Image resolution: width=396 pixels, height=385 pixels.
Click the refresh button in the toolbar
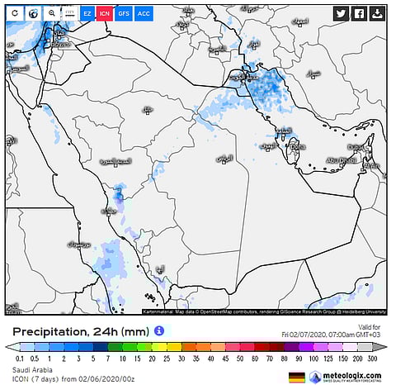tap(15, 14)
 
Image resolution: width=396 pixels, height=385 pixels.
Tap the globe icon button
tap(33, 14)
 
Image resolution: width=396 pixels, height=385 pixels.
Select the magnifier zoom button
tap(51, 14)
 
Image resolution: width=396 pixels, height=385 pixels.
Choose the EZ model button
tap(87, 14)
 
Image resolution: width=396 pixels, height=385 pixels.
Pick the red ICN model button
tap(105, 14)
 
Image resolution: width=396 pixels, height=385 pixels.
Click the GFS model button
tap(124, 14)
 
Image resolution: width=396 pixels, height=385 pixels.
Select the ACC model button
tap(143, 14)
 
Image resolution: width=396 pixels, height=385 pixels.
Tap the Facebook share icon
tap(360, 13)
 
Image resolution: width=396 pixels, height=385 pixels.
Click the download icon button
tap(377, 13)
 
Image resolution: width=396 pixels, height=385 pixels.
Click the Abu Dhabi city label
tap(340, 160)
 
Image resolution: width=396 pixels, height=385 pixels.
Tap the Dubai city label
tap(356, 147)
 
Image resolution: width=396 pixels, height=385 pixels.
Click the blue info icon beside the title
tap(159, 330)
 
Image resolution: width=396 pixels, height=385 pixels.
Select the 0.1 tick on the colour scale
tap(17, 358)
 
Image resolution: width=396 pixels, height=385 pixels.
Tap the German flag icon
tap(295, 377)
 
